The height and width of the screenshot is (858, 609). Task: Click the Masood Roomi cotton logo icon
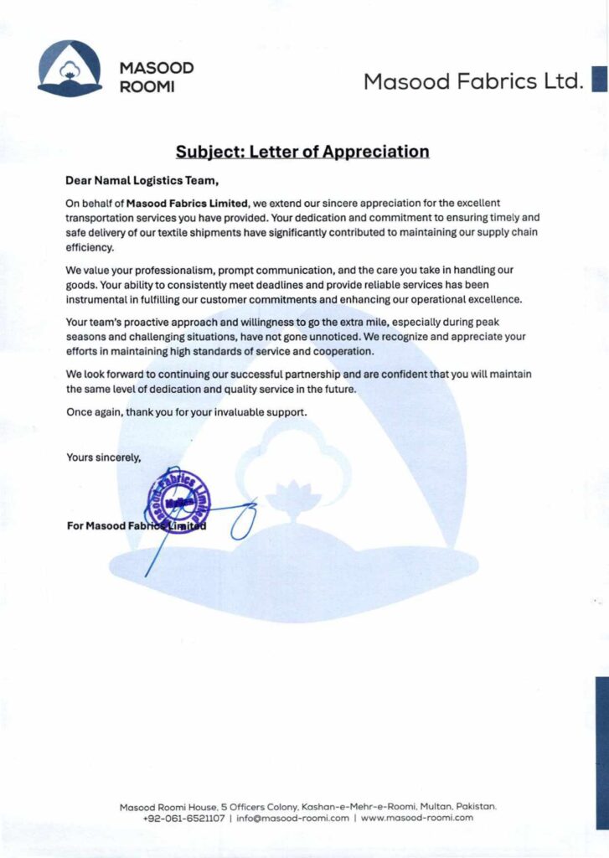point(70,69)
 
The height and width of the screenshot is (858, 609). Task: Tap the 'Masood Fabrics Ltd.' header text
point(472,81)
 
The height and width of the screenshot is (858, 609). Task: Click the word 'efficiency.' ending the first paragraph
point(89,249)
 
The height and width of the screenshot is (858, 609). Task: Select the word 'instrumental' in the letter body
point(95,299)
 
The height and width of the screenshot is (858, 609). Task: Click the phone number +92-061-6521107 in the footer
point(183,818)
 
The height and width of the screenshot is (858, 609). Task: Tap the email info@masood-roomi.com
point(292,818)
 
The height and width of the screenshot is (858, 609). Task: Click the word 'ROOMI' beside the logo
point(147,87)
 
